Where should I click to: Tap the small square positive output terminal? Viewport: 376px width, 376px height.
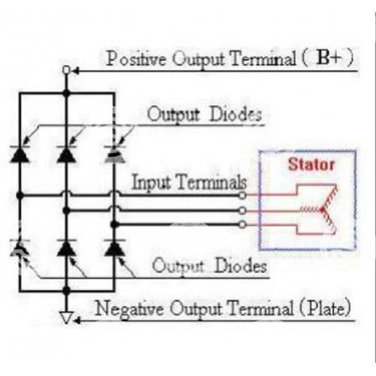point(66,70)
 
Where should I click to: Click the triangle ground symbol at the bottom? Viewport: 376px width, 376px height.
point(66,318)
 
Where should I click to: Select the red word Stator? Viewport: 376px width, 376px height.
point(311,164)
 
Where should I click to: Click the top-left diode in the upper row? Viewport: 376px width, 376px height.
point(20,154)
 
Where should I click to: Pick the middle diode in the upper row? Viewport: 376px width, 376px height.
point(66,154)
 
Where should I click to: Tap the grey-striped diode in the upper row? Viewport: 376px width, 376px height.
point(114,154)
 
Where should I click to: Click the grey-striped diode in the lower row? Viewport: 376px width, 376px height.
point(20,248)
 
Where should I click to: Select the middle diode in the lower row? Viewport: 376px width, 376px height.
point(67,248)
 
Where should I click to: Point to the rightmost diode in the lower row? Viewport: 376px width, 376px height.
point(114,248)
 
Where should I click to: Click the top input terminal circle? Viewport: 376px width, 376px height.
point(242,195)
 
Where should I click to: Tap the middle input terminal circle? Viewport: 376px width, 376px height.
point(242,210)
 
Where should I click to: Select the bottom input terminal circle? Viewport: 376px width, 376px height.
point(242,225)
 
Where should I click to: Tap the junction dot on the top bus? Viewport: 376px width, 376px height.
point(66,93)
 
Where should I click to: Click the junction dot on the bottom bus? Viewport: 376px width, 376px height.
point(66,290)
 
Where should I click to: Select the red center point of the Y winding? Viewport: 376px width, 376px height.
point(323,209)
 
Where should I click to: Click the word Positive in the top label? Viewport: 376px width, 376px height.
point(136,58)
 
